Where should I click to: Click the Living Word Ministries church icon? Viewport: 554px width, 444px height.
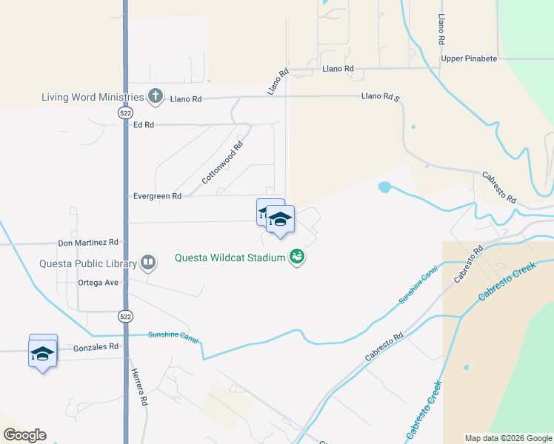coord(155,95)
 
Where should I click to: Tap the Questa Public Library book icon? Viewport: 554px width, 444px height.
coord(149,263)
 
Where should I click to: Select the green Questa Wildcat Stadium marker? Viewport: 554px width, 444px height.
coord(298,258)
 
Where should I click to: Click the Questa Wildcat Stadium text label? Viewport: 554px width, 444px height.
coord(231,258)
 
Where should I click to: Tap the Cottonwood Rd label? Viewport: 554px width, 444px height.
coord(222,164)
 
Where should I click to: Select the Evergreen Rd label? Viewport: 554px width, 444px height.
coord(157,196)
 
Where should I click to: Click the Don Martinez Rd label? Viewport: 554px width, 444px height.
coord(88,242)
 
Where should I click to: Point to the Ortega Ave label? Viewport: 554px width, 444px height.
coord(98,282)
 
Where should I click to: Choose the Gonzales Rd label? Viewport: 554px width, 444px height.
coord(96,346)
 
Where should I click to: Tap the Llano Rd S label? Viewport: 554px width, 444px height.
coord(380,96)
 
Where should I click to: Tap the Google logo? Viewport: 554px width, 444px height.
coord(24,435)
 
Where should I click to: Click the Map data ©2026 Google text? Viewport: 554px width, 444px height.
coord(507,438)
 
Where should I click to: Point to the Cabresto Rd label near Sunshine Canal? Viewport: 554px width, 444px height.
coord(384,347)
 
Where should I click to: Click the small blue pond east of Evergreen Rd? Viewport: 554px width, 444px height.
coord(384,187)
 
